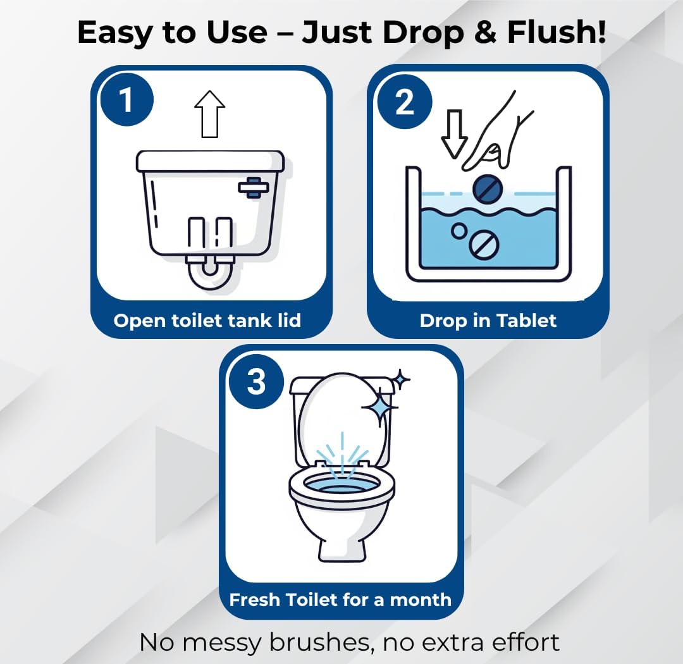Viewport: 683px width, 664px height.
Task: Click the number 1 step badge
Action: (x=126, y=100)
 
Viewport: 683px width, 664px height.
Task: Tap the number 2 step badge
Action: (x=405, y=102)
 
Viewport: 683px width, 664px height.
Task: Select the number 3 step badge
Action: (x=256, y=382)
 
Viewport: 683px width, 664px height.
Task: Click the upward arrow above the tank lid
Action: (x=209, y=114)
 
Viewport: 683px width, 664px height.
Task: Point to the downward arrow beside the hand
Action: (x=454, y=134)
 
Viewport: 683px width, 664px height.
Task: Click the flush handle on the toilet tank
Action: (x=253, y=187)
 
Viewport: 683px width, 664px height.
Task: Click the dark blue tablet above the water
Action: (x=488, y=189)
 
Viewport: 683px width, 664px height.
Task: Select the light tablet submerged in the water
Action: (x=484, y=245)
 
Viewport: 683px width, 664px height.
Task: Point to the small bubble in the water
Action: (x=458, y=230)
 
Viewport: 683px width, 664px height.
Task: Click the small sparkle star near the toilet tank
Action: (x=400, y=380)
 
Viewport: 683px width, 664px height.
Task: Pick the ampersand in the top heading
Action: (x=485, y=32)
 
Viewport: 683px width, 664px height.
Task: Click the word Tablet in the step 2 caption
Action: (x=526, y=321)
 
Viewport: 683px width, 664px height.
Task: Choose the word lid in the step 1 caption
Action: (x=289, y=320)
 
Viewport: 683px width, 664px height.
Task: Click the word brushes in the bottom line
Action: (x=321, y=642)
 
